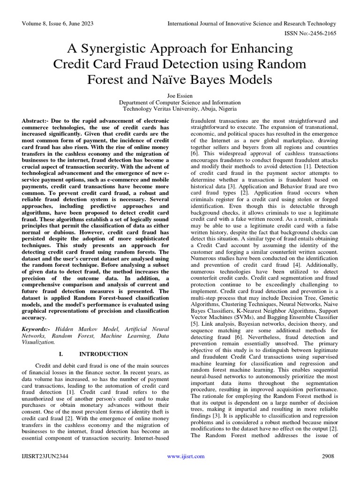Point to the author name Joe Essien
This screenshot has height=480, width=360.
click(x=180, y=95)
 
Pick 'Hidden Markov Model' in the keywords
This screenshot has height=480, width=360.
click(x=90, y=330)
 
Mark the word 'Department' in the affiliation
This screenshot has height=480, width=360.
click(x=136, y=102)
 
